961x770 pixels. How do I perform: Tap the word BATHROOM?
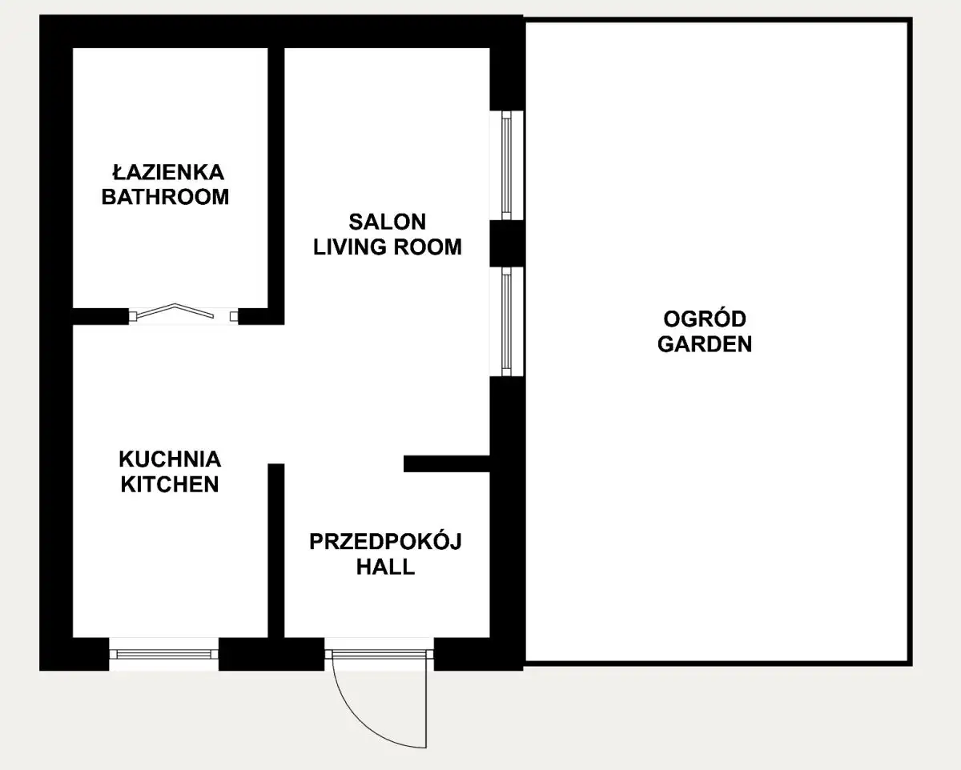point(165,197)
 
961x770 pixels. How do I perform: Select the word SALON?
point(387,222)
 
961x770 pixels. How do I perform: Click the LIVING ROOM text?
point(387,247)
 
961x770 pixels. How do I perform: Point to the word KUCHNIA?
point(170,459)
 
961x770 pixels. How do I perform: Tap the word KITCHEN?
point(170,484)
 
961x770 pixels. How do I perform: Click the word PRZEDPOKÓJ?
point(385,541)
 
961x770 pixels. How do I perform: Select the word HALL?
point(385,567)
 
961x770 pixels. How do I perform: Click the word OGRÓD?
point(705,319)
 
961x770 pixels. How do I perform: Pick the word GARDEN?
point(705,343)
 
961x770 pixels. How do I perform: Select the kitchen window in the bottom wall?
point(164,655)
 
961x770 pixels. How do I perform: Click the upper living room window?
point(506,165)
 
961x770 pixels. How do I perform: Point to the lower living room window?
point(506,322)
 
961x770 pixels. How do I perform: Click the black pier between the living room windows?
point(506,243)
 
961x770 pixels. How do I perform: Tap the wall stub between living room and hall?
point(447,463)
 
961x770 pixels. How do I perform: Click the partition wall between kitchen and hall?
point(276,551)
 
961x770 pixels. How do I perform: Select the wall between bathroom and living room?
point(276,186)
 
